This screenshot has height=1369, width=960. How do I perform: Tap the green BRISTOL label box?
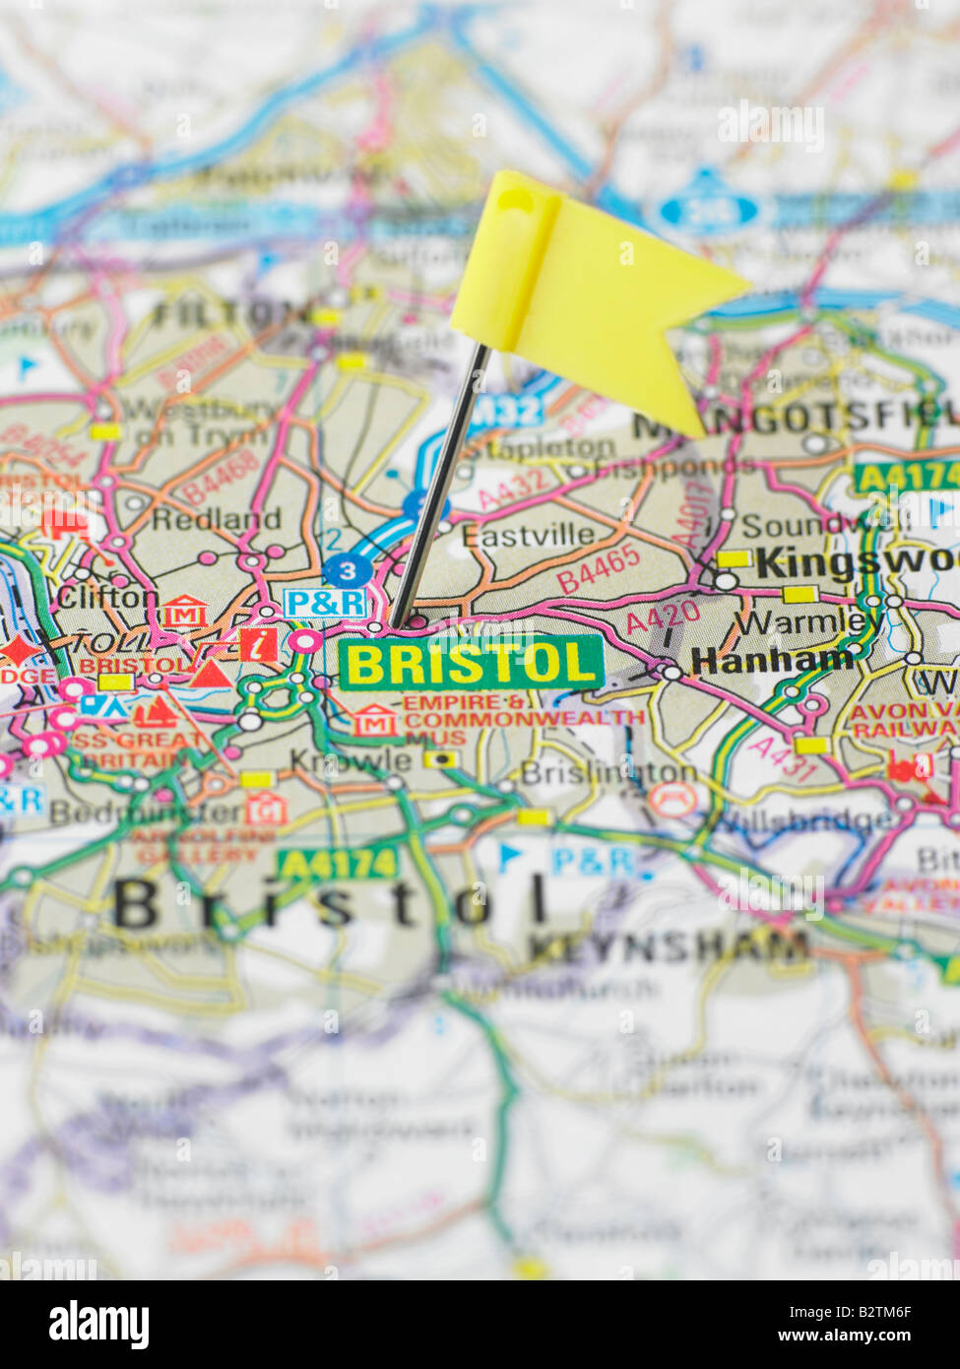click(x=471, y=663)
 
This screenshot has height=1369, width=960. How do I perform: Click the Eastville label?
click(x=528, y=535)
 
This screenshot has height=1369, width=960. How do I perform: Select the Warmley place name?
click(x=808, y=622)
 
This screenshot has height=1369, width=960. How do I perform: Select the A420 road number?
click(x=664, y=618)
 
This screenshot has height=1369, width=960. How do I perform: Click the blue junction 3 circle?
click(x=348, y=569)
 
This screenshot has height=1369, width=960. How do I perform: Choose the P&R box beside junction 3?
click(x=324, y=603)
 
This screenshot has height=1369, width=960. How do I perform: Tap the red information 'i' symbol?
click(x=258, y=645)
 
